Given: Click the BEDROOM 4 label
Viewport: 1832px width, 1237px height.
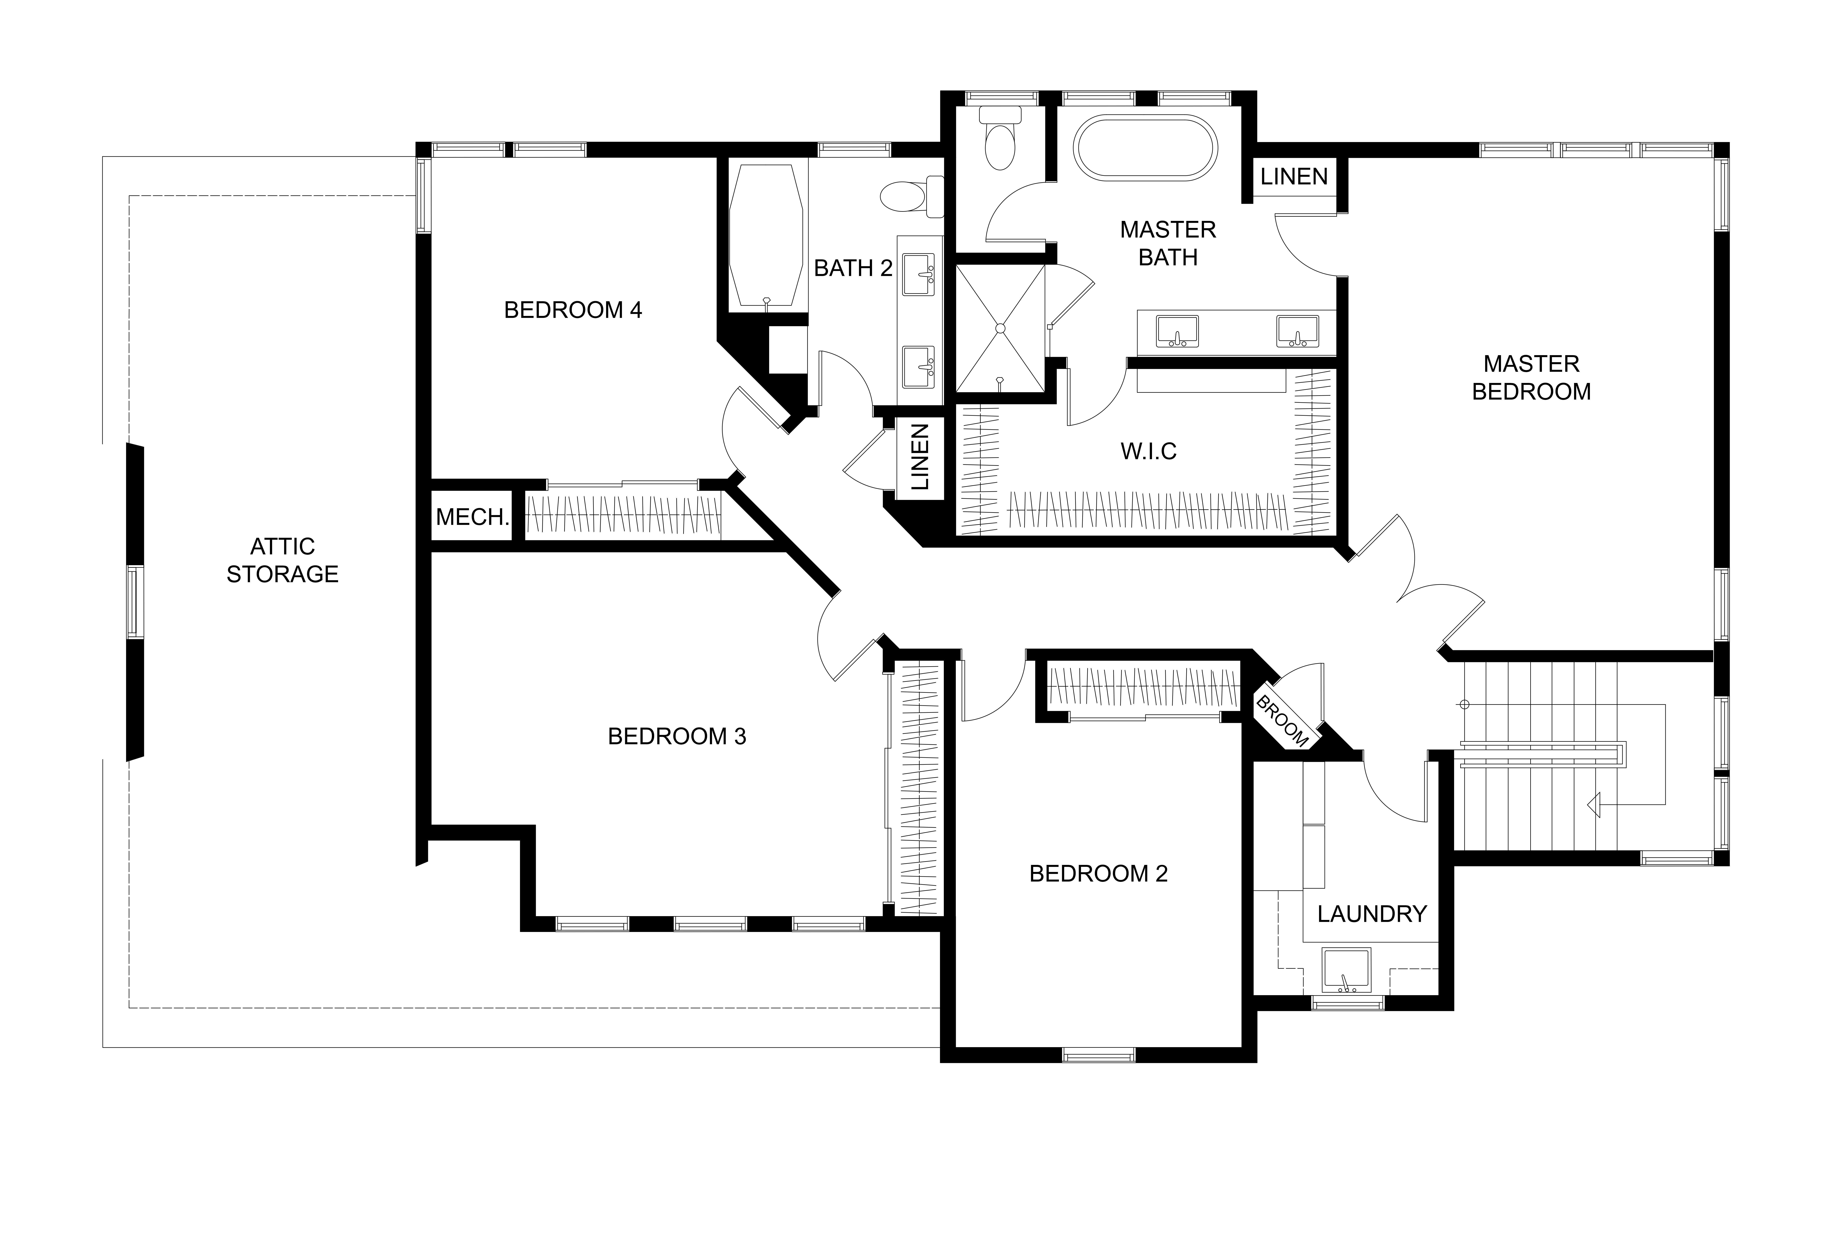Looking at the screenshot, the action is point(573,310).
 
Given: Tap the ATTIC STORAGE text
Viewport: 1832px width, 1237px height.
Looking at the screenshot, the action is point(282,560).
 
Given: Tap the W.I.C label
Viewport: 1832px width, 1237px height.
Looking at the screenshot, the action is point(1149,451).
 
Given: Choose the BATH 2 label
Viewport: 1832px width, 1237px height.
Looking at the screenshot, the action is point(853,269).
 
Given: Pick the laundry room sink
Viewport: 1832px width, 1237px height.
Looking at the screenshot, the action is point(1346,969).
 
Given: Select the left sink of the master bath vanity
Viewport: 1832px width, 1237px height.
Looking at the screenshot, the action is point(1177,331).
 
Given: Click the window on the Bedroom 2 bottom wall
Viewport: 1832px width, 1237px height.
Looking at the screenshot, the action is point(1099,1054).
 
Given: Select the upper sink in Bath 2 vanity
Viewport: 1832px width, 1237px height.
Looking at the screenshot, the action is point(918,274).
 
